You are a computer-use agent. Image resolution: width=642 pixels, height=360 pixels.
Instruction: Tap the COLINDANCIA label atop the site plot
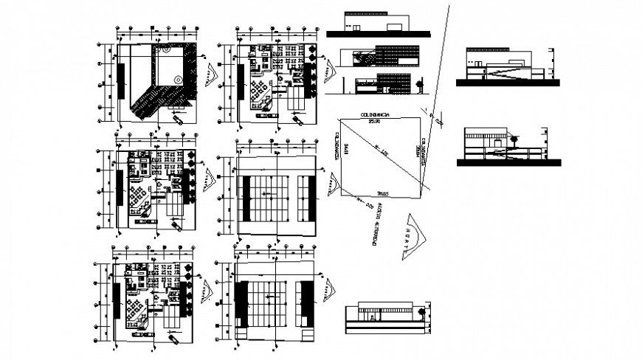376,116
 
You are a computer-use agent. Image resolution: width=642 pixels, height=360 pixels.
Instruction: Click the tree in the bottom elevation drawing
421,312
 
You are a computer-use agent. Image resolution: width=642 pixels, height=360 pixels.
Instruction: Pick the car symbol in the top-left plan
179,118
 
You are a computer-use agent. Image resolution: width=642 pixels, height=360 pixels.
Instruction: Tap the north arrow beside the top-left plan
212,74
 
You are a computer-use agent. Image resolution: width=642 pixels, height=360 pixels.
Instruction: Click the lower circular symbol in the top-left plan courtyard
177,80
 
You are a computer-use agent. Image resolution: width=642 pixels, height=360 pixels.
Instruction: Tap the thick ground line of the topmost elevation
378,33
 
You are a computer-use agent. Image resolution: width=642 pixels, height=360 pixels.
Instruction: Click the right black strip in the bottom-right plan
306,303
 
